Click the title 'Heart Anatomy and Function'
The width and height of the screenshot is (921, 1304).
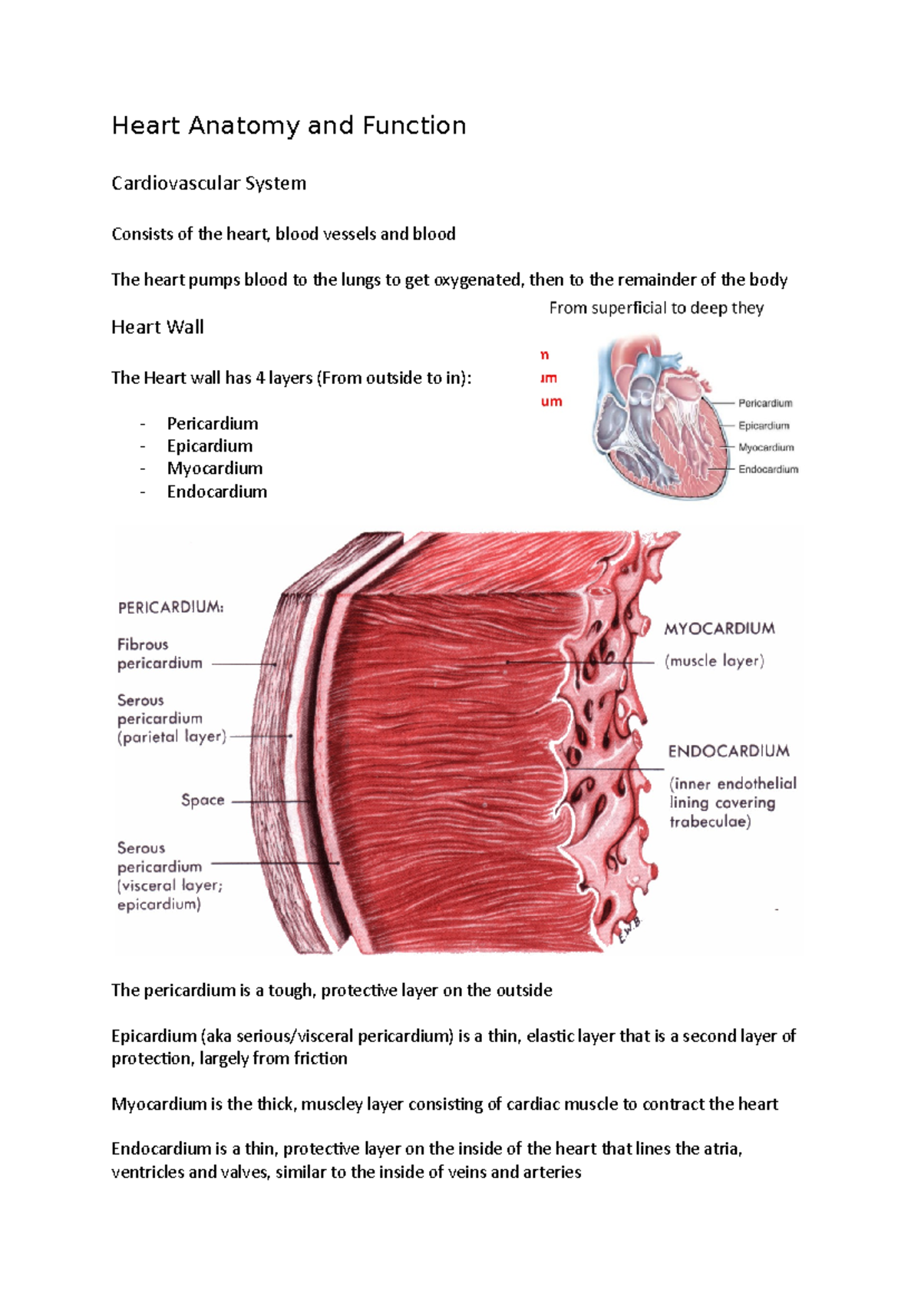[289, 126]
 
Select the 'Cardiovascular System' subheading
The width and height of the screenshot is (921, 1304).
[208, 184]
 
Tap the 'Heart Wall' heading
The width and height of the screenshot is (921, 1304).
[157, 327]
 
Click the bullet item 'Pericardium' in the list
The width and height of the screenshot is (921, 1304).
[213, 423]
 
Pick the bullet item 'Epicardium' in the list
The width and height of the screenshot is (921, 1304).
[210, 446]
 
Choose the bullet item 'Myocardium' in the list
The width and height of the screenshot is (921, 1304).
[215, 468]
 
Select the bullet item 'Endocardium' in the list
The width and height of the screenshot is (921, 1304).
[217, 492]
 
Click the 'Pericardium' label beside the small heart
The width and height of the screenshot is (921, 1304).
[765, 403]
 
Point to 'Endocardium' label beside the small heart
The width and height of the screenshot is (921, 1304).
[768, 469]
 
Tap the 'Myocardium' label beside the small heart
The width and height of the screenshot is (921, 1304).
[766, 447]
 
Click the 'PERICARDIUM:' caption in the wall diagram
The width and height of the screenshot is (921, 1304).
[170, 607]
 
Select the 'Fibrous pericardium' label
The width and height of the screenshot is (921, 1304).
[160, 654]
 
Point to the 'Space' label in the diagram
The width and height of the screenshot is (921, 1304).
[203, 800]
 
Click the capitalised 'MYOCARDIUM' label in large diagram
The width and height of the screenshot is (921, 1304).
[719, 629]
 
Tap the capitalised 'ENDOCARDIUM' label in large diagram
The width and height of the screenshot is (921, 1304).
[728, 751]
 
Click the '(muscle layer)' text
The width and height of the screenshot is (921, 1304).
[715, 660]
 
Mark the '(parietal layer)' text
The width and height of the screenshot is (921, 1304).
[172, 737]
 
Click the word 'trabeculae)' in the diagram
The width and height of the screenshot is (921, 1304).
[711, 822]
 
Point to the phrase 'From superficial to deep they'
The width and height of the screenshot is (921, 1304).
[656, 308]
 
